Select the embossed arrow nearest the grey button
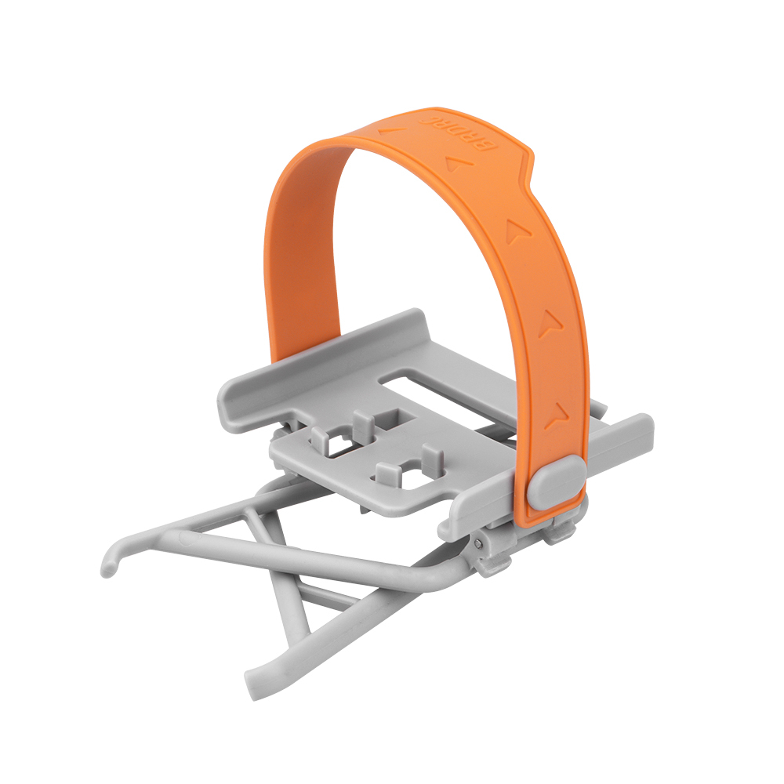pos(558,415)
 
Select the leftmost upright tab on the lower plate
pos(320,436)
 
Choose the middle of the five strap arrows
pos(516,231)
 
